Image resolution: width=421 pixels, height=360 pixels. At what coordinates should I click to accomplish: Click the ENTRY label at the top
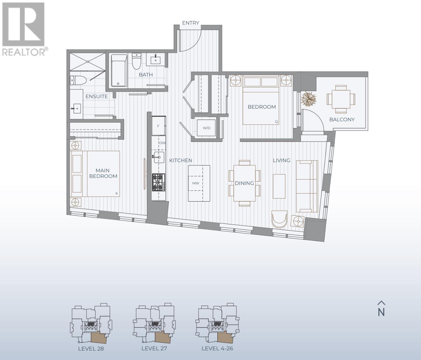coord(190,23)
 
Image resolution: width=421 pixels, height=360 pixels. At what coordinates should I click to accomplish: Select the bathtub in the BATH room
coord(119,70)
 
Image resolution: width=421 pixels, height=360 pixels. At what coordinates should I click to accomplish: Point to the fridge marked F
coord(159,126)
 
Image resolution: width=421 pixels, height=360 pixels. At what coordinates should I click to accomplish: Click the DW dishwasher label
coord(162,143)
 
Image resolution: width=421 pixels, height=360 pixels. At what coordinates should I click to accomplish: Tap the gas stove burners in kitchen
coord(159,182)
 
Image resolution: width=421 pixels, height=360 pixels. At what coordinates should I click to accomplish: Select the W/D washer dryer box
coord(206,128)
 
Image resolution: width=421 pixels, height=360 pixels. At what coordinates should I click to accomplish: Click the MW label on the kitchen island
coord(196,183)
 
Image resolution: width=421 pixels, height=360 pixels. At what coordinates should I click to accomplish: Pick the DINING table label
coord(244,183)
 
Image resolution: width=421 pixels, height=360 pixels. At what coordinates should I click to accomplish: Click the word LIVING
coord(281,160)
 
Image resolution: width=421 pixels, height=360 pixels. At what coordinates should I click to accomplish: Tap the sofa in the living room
coord(307,186)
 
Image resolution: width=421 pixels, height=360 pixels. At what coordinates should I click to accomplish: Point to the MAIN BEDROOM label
coord(103,173)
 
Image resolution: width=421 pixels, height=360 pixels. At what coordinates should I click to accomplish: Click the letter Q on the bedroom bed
coord(276,121)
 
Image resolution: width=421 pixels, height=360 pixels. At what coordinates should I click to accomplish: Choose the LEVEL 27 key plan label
coord(154,348)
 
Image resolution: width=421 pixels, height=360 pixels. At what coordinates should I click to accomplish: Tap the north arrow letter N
coord(381,312)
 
